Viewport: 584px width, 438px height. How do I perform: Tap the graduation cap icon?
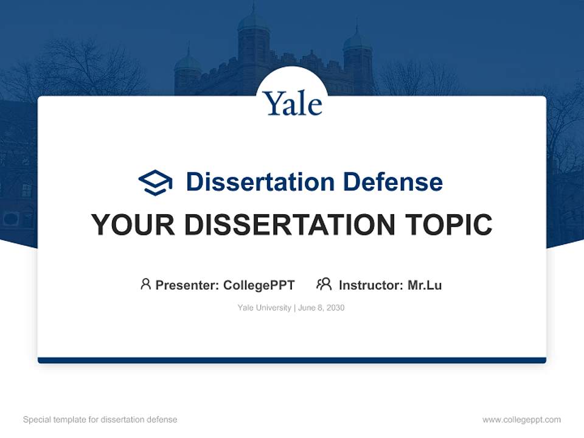(x=155, y=182)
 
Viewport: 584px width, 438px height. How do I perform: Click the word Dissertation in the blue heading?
(x=260, y=182)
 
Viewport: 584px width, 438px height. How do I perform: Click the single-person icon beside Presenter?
(x=145, y=284)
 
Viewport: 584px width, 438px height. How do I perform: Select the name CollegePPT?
(x=259, y=285)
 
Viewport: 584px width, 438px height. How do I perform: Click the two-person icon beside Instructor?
(x=324, y=284)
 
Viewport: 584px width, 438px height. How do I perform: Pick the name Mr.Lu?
(x=425, y=285)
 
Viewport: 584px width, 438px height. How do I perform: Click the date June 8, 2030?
(x=321, y=308)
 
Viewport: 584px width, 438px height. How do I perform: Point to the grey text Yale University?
(x=264, y=308)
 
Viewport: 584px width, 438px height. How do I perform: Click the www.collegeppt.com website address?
(x=521, y=420)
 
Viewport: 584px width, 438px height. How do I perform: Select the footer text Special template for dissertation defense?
(x=100, y=420)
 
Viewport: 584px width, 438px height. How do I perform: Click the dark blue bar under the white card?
(x=292, y=360)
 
